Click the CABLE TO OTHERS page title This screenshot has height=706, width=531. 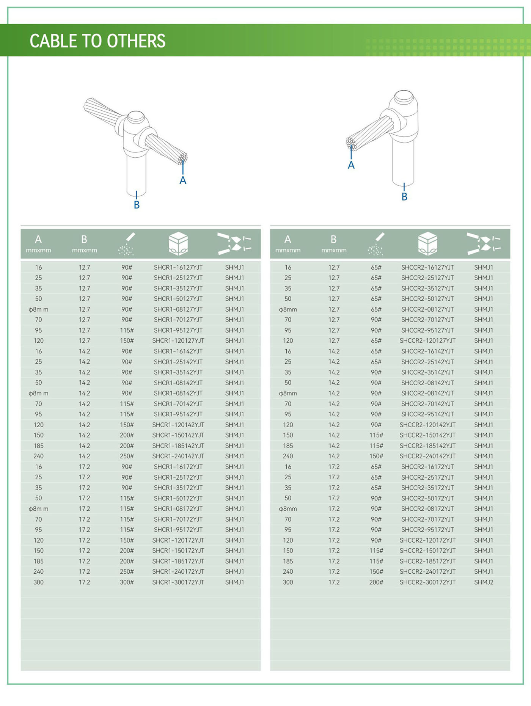point(97,41)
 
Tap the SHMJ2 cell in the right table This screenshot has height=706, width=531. point(484,582)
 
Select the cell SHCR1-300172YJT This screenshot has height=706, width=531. point(178,582)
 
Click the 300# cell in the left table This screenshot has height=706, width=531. point(127,582)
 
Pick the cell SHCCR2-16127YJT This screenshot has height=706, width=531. point(427,267)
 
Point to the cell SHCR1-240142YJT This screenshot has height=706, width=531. point(178,456)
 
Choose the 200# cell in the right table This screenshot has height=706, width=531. point(376,582)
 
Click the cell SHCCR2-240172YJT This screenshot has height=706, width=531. point(427,571)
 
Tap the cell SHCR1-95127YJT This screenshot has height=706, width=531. point(178,330)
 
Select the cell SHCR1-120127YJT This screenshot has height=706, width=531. point(178,340)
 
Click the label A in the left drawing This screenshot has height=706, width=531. point(183,180)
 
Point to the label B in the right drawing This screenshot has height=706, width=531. point(404,197)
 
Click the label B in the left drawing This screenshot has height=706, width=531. point(137,205)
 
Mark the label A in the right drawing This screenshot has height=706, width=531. point(351,165)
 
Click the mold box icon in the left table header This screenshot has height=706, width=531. point(178,243)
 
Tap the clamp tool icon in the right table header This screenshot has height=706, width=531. point(483,243)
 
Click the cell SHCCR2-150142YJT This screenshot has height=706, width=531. point(427,435)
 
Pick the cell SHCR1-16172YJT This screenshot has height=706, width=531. point(178,467)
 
